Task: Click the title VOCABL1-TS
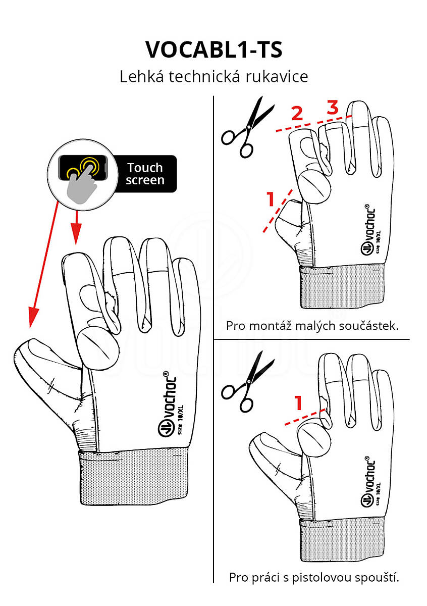[213, 49]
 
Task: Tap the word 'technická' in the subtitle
[204, 77]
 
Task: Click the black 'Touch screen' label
[145, 174]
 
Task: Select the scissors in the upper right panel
[247, 127]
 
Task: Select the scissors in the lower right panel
[247, 381]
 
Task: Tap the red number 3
[332, 107]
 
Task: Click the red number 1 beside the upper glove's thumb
[271, 199]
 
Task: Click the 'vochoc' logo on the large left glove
[168, 404]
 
